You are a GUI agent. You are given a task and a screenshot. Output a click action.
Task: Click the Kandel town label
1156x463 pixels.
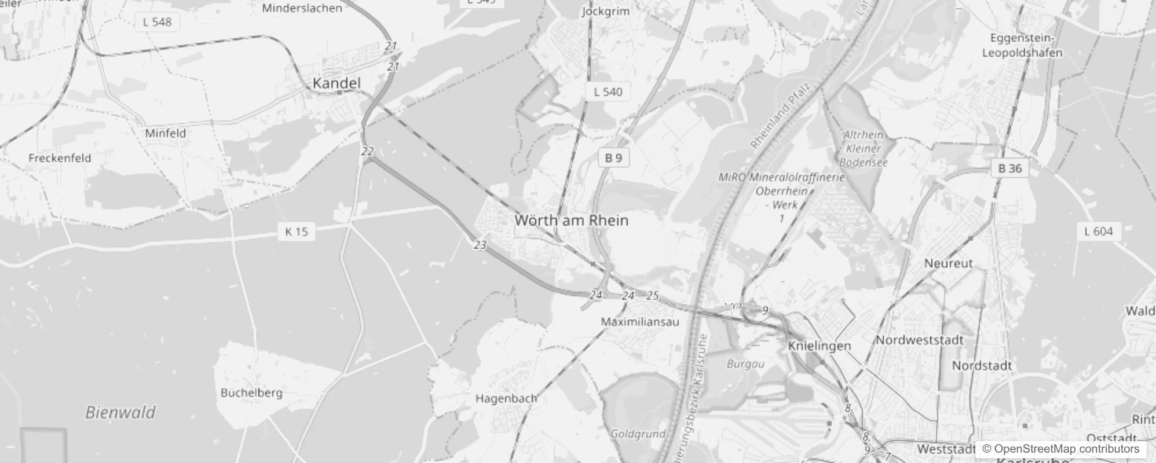click(336, 83)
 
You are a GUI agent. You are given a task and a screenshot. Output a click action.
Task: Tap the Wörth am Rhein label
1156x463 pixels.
click(571, 221)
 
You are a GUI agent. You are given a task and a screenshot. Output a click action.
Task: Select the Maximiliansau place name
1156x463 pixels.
click(639, 322)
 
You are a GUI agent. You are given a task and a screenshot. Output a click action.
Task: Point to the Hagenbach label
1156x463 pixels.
click(506, 398)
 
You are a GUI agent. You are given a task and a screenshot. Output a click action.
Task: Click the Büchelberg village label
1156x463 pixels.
click(251, 392)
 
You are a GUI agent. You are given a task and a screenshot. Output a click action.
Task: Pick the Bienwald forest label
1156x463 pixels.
click(120, 412)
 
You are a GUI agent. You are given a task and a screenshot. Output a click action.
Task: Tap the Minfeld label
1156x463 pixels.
click(166, 133)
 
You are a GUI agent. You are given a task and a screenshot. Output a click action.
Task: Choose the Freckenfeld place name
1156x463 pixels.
click(60, 157)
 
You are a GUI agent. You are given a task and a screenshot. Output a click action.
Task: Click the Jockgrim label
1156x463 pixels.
click(605, 11)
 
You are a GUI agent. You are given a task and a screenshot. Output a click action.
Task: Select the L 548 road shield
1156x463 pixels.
click(157, 22)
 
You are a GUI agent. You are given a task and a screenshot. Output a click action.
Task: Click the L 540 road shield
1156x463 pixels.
click(608, 91)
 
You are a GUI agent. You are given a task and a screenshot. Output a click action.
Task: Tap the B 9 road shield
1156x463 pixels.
click(613, 157)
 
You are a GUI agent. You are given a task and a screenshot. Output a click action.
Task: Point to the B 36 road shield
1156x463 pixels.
click(1010, 168)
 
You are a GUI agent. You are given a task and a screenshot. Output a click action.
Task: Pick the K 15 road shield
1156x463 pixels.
click(297, 231)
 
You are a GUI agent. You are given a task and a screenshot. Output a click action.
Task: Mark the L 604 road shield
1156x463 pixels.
click(1099, 231)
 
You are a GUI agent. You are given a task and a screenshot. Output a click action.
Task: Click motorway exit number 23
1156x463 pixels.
click(480, 245)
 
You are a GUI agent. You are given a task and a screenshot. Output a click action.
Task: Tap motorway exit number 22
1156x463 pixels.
click(367, 152)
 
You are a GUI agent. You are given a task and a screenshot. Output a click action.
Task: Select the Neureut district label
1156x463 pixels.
click(949, 263)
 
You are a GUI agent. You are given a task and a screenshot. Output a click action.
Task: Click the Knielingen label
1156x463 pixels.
click(820, 346)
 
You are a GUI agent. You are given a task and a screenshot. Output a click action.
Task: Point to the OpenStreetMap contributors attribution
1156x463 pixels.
click(1060, 449)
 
